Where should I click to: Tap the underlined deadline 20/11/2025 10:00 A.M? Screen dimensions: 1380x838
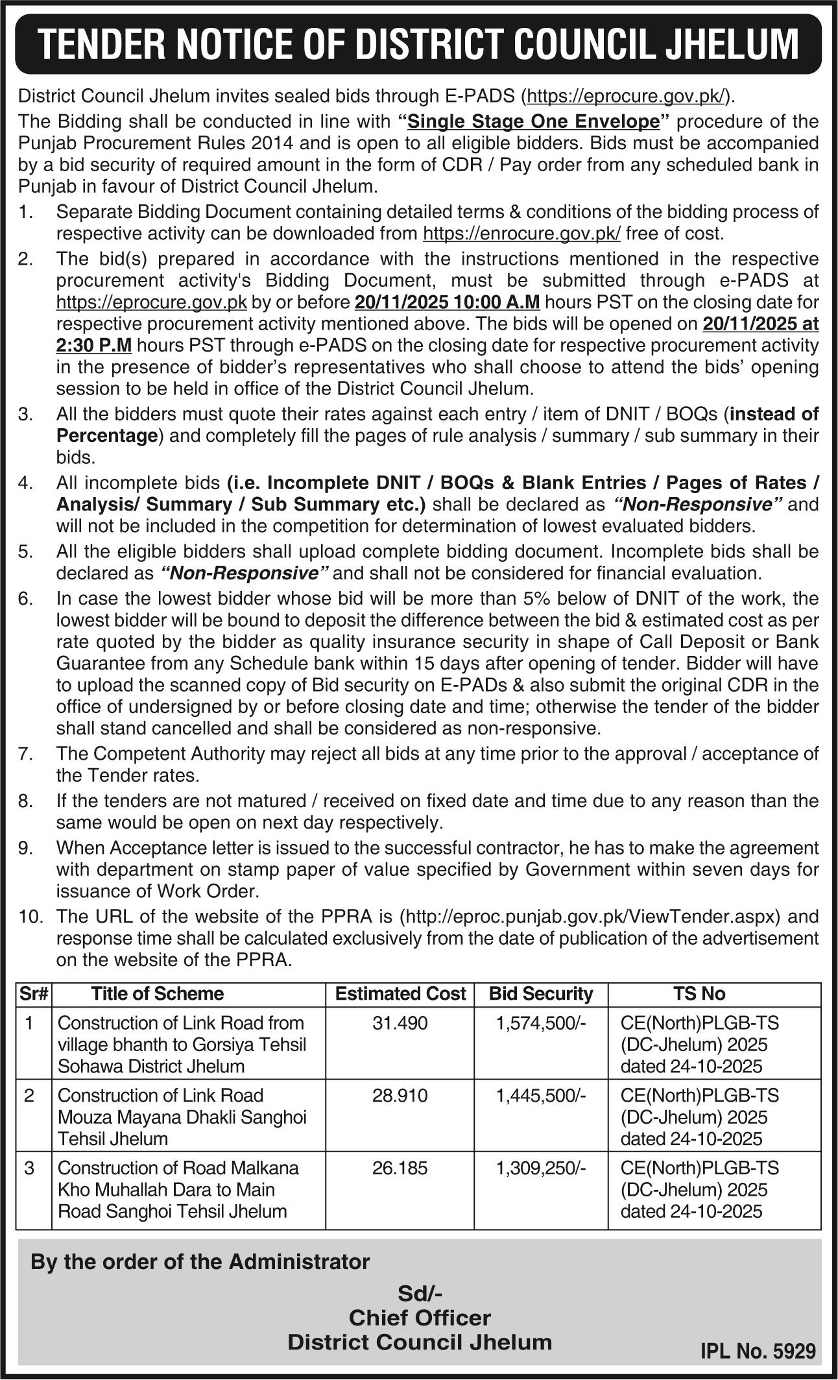[448, 302]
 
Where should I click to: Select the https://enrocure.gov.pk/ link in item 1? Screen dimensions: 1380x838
[521, 234]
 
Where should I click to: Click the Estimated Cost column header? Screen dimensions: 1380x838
[400, 993]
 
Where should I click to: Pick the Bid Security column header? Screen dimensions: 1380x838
[541, 993]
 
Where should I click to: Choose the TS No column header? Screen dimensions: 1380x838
[699, 993]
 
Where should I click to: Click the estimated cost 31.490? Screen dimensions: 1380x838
[400, 1023]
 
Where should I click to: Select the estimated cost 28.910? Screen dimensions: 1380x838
[400, 1096]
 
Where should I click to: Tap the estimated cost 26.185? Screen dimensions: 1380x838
[400, 1168]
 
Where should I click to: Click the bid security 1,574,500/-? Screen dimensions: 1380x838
[541, 1023]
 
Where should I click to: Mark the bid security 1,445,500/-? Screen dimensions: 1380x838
[541, 1096]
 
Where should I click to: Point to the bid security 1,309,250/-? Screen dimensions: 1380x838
[541, 1168]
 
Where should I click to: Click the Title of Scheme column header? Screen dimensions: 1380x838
[157, 993]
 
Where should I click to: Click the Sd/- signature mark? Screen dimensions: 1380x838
[420, 1294]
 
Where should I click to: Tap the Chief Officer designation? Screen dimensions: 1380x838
[420, 1318]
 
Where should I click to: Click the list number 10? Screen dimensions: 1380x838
[30, 917]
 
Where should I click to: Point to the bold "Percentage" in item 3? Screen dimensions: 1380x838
[107, 435]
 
